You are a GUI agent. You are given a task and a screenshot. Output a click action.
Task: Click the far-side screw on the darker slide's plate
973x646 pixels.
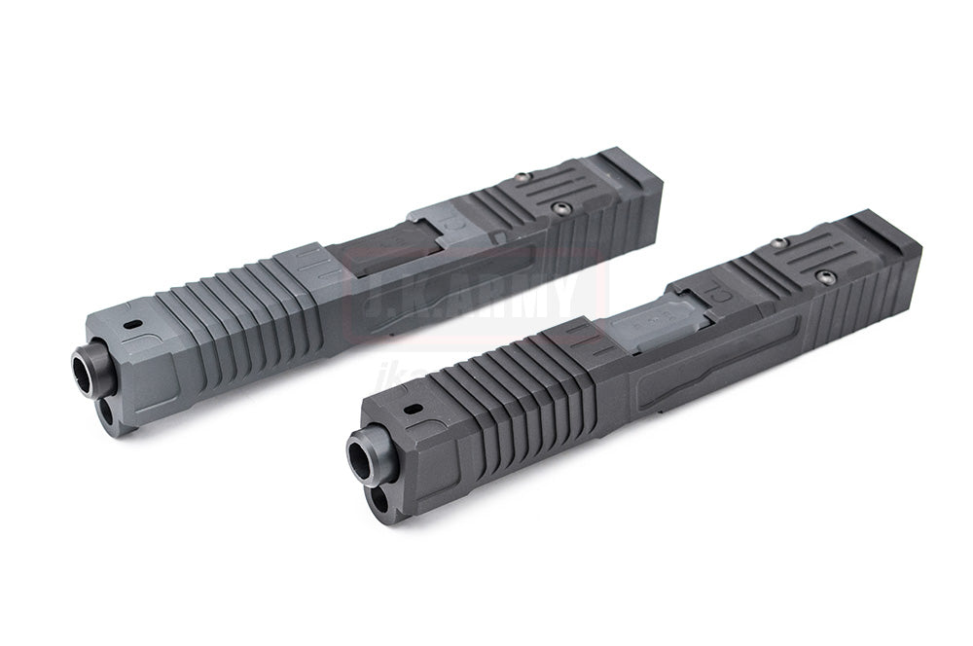pyautogui.click(x=777, y=242)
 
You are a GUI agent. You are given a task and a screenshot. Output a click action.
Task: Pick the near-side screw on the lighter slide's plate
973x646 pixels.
pyautogui.click(x=559, y=206)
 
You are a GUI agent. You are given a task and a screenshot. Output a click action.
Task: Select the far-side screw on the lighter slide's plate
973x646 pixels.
pyautogui.click(x=523, y=177)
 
